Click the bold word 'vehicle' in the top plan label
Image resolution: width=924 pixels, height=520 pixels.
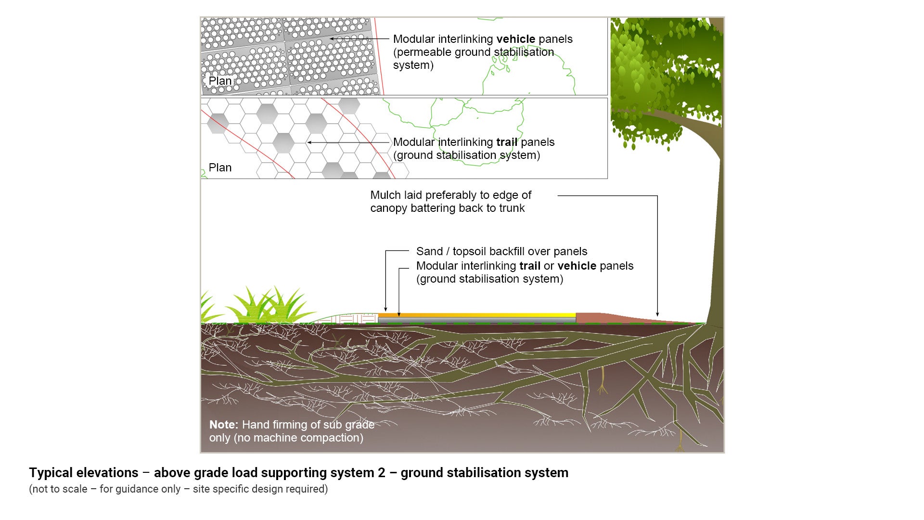(x=515, y=39)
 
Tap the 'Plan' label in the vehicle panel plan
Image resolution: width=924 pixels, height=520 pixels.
(x=220, y=81)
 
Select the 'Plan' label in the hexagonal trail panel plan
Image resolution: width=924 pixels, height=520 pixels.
(x=220, y=168)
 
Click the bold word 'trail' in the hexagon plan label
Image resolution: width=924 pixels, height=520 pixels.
(x=507, y=142)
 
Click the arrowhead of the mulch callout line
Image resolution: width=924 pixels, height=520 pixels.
(x=657, y=314)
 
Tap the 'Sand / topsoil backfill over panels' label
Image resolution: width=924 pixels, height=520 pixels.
(x=501, y=251)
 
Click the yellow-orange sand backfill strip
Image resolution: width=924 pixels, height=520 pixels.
(x=476, y=315)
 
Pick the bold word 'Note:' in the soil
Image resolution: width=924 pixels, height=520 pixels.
(x=224, y=425)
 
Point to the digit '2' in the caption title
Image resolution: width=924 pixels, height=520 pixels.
(x=381, y=473)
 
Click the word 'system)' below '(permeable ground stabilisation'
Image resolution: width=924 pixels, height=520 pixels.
(x=413, y=65)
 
